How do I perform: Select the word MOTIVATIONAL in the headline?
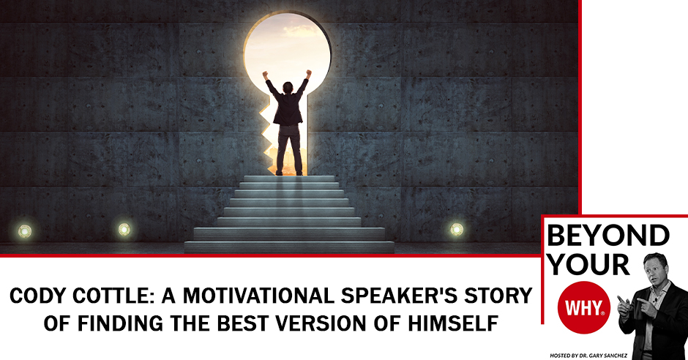(x=258, y=296)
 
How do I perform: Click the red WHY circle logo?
(x=584, y=307)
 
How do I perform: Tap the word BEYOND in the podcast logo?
(x=608, y=236)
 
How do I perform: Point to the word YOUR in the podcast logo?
(x=588, y=264)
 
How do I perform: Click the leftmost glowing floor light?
(x=24, y=230)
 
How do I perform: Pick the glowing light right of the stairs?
(x=456, y=229)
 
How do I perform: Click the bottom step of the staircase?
(x=288, y=247)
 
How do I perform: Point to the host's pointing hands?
(x=632, y=305)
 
